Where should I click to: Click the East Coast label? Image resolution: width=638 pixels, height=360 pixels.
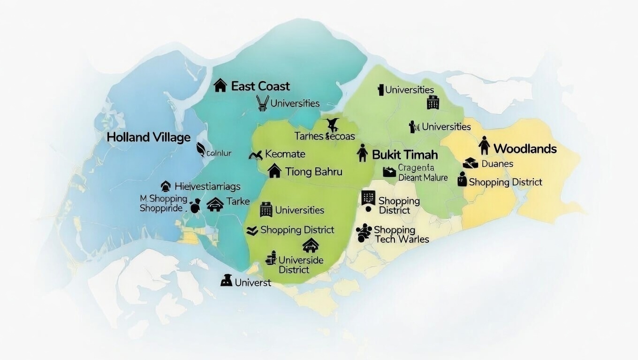[x=260, y=86]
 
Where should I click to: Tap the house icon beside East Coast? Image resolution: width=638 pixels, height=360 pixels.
[x=220, y=85]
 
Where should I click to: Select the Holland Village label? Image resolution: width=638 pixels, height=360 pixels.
[x=148, y=137]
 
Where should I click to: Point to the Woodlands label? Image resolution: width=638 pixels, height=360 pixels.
[x=525, y=149]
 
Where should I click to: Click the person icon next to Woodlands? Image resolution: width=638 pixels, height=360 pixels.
[x=484, y=146]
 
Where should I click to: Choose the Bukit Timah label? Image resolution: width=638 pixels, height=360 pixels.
[x=405, y=155]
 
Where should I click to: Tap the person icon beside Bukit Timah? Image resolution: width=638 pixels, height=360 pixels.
[x=362, y=153]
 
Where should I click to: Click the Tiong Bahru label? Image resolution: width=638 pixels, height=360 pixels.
[x=313, y=172]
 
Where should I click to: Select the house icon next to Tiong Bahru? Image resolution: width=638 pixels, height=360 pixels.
[x=274, y=171]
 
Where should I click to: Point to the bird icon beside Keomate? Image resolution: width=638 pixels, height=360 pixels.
[x=256, y=155]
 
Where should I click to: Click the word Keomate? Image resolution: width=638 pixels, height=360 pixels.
[x=285, y=154]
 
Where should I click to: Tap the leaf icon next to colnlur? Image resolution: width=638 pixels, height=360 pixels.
[x=201, y=150]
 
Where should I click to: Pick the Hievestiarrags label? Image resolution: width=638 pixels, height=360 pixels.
[x=207, y=187]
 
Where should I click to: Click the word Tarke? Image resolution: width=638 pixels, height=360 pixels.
[x=238, y=202]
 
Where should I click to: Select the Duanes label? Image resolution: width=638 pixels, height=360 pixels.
[x=497, y=164]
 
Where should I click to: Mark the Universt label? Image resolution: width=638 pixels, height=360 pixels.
[x=253, y=283]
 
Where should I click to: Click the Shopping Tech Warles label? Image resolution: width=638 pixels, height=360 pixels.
[x=401, y=234]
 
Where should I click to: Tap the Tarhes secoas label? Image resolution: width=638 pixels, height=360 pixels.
[x=325, y=136]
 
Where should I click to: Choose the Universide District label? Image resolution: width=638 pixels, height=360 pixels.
[x=301, y=265]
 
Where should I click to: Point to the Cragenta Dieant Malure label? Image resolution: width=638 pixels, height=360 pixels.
[x=423, y=173]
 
